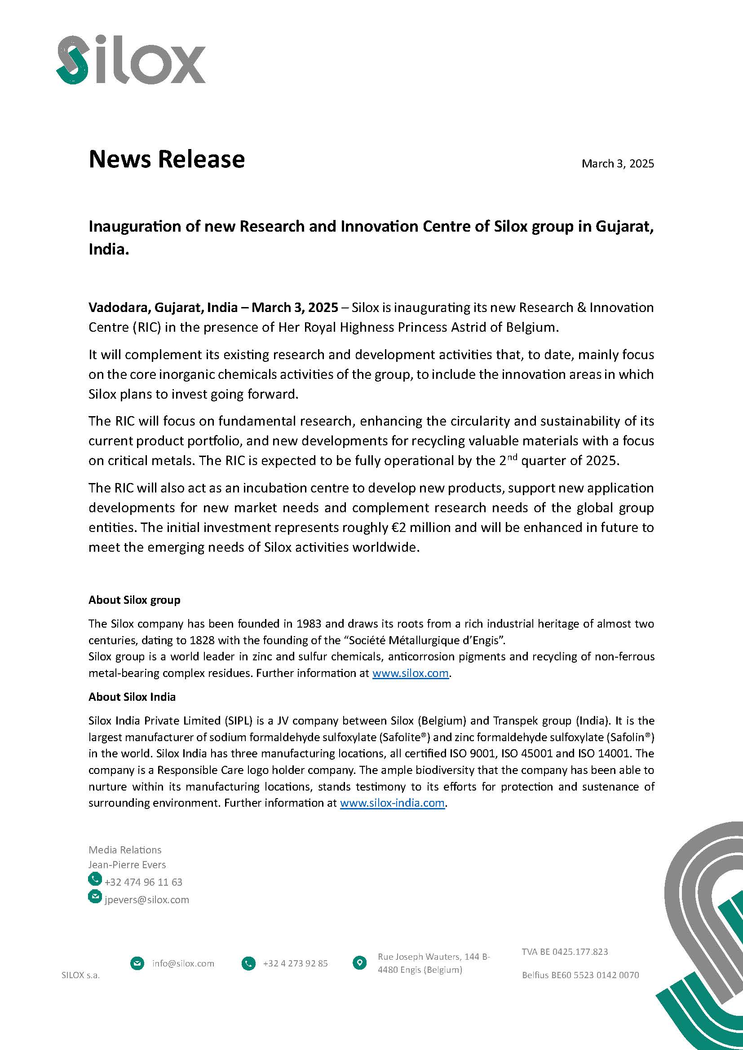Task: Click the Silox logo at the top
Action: pyautogui.click(x=131, y=61)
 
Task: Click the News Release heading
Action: pyautogui.click(x=167, y=159)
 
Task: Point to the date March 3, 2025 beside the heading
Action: pyautogui.click(x=617, y=164)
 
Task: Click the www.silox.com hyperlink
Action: pyautogui.click(x=410, y=674)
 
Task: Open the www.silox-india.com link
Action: pyautogui.click(x=392, y=803)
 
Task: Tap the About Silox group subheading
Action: pyautogui.click(x=134, y=600)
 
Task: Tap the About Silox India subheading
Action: pyautogui.click(x=132, y=697)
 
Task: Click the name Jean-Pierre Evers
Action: pyautogui.click(x=127, y=865)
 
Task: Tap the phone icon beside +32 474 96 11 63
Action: pyautogui.click(x=95, y=879)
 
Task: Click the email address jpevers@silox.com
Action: pyautogui.click(x=146, y=900)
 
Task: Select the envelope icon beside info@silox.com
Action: pyautogui.click(x=137, y=963)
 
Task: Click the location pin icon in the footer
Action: pyautogui.click(x=360, y=963)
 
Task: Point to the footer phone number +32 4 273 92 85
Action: pyautogui.click(x=295, y=963)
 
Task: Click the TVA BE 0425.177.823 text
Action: pyautogui.click(x=565, y=952)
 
